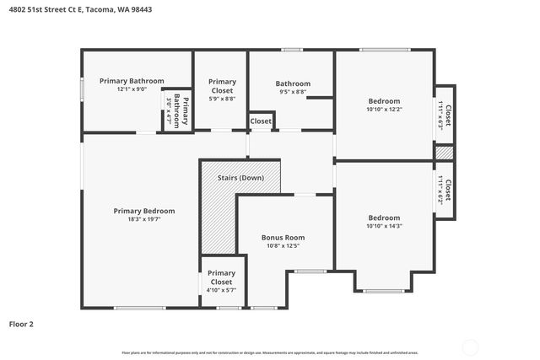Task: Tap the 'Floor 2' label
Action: (x=21, y=323)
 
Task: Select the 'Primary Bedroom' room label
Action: (x=144, y=211)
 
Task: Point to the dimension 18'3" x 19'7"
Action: (x=144, y=219)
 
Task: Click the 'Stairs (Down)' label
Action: (x=240, y=178)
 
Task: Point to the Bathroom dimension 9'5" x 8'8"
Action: (x=293, y=93)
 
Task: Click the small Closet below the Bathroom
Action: (x=261, y=121)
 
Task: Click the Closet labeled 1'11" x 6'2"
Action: (x=445, y=191)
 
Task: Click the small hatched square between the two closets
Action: (x=444, y=153)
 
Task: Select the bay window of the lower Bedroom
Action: (x=383, y=290)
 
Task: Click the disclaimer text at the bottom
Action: (x=270, y=352)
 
